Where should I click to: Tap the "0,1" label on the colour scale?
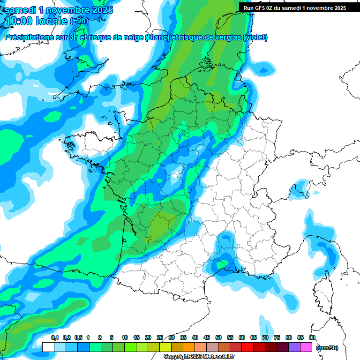coord(54,337)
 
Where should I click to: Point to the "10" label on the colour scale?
coord(125,337)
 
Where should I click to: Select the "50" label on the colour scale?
coord(218,337)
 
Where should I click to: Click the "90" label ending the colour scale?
coord(312,337)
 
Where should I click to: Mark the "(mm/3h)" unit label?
coord(327,348)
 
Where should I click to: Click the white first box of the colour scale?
coord(48,347)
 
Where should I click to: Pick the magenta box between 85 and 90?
coord(306,347)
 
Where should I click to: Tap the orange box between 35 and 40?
coord(189,347)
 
